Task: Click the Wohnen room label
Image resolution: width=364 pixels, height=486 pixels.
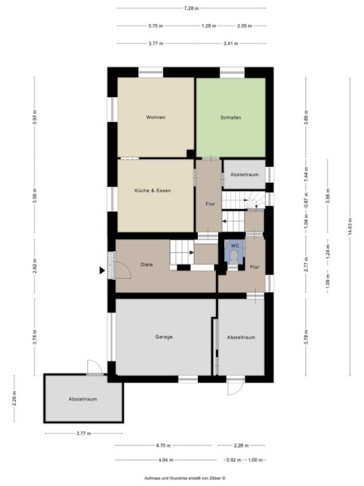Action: point(156,117)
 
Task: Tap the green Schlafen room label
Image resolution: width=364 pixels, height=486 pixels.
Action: point(231,117)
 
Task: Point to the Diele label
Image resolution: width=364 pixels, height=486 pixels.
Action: point(146,265)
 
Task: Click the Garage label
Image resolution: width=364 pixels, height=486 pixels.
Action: point(163,337)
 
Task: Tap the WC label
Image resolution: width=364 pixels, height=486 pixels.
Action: point(234,245)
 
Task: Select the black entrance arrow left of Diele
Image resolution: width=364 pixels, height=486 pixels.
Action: point(102,271)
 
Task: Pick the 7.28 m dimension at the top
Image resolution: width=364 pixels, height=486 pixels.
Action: point(191,8)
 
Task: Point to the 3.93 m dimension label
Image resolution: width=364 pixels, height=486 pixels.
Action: point(35,118)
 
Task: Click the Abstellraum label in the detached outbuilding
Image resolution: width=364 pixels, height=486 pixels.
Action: point(83,399)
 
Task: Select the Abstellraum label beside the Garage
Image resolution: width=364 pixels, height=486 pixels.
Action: point(241,337)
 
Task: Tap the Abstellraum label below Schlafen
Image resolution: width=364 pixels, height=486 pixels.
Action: point(245,175)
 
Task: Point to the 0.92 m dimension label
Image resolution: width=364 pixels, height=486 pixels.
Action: point(234,460)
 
